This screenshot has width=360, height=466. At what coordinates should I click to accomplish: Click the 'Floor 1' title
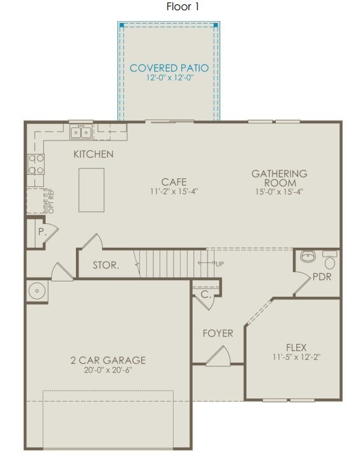tap(183, 7)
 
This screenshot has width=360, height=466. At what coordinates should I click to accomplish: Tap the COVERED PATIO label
tap(169, 68)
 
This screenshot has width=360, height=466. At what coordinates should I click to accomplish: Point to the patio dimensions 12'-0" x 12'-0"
tap(169, 78)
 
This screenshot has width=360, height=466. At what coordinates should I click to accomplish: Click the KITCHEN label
tap(93, 154)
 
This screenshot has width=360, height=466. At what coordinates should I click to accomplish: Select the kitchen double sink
tap(81, 132)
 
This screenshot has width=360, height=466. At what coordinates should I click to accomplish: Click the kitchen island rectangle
tap(91, 190)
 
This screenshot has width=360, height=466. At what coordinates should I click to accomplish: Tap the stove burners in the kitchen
tap(35, 164)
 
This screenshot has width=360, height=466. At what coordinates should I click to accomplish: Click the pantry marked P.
tap(40, 232)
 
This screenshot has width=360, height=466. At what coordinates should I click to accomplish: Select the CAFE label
tap(174, 181)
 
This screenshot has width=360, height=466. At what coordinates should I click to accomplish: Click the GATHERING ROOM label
tap(279, 177)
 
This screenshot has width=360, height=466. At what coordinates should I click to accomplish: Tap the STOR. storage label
tap(105, 265)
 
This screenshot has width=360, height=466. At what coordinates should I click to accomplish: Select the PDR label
tap(322, 278)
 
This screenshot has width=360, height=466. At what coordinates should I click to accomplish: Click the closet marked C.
tap(205, 295)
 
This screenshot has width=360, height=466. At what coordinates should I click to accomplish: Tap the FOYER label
tap(218, 333)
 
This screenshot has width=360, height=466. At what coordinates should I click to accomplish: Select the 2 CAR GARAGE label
tap(108, 360)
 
